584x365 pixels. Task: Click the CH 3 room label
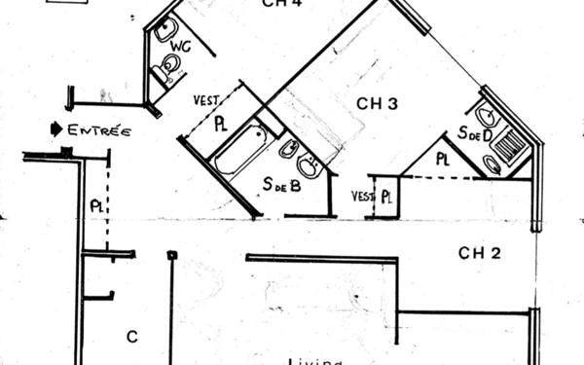376,103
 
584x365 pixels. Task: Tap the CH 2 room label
480,254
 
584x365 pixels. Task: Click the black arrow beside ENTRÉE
56,128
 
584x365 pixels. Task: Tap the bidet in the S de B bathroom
288,150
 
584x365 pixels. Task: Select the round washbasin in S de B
310,166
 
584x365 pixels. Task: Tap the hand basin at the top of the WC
164,29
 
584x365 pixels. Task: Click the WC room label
180,46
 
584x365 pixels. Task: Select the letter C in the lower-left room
131,337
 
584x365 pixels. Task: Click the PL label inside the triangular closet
443,159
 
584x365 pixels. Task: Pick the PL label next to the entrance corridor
97,206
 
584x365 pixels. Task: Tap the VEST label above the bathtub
205,99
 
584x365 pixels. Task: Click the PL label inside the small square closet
386,197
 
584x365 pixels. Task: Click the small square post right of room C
171,255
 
